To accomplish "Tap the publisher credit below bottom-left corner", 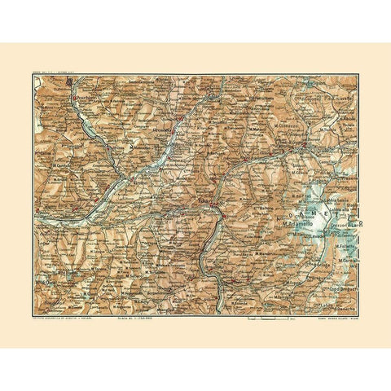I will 64,316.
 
